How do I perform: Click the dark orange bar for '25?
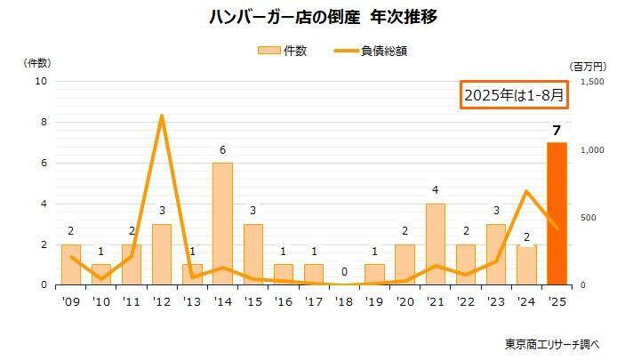(x=556, y=213)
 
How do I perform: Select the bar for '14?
(x=222, y=224)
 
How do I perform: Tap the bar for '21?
(x=435, y=244)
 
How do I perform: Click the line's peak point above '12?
(x=162, y=116)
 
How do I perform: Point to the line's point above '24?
(x=526, y=191)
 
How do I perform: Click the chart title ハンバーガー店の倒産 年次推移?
(x=311, y=17)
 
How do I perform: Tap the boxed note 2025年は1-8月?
(x=513, y=95)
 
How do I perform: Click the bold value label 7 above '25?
(x=556, y=132)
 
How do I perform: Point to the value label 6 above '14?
(x=222, y=150)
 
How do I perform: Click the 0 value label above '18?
(x=343, y=273)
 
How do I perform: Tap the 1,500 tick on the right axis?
(x=592, y=81)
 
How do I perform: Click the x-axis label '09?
(x=70, y=301)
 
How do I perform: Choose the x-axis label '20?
(x=405, y=301)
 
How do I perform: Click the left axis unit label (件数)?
(x=36, y=62)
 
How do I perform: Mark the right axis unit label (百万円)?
(x=589, y=66)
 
